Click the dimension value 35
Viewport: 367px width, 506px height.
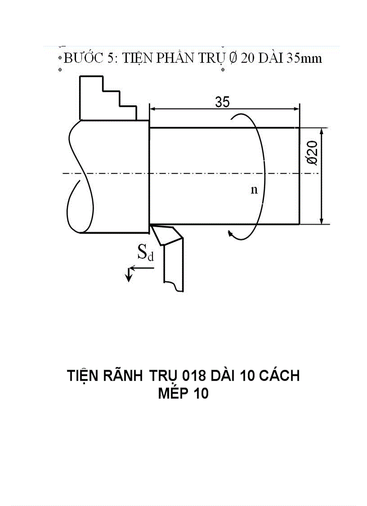(222, 102)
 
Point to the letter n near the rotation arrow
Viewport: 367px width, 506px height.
(254, 190)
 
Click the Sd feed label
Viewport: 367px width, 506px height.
(145, 254)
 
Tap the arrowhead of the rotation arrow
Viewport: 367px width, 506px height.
(230, 233)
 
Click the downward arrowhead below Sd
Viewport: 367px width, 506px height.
(129, 278)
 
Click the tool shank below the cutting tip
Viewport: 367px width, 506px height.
(174, 266)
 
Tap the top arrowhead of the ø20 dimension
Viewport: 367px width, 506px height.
(322, 131)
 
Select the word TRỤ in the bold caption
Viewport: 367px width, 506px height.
(163, 375)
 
